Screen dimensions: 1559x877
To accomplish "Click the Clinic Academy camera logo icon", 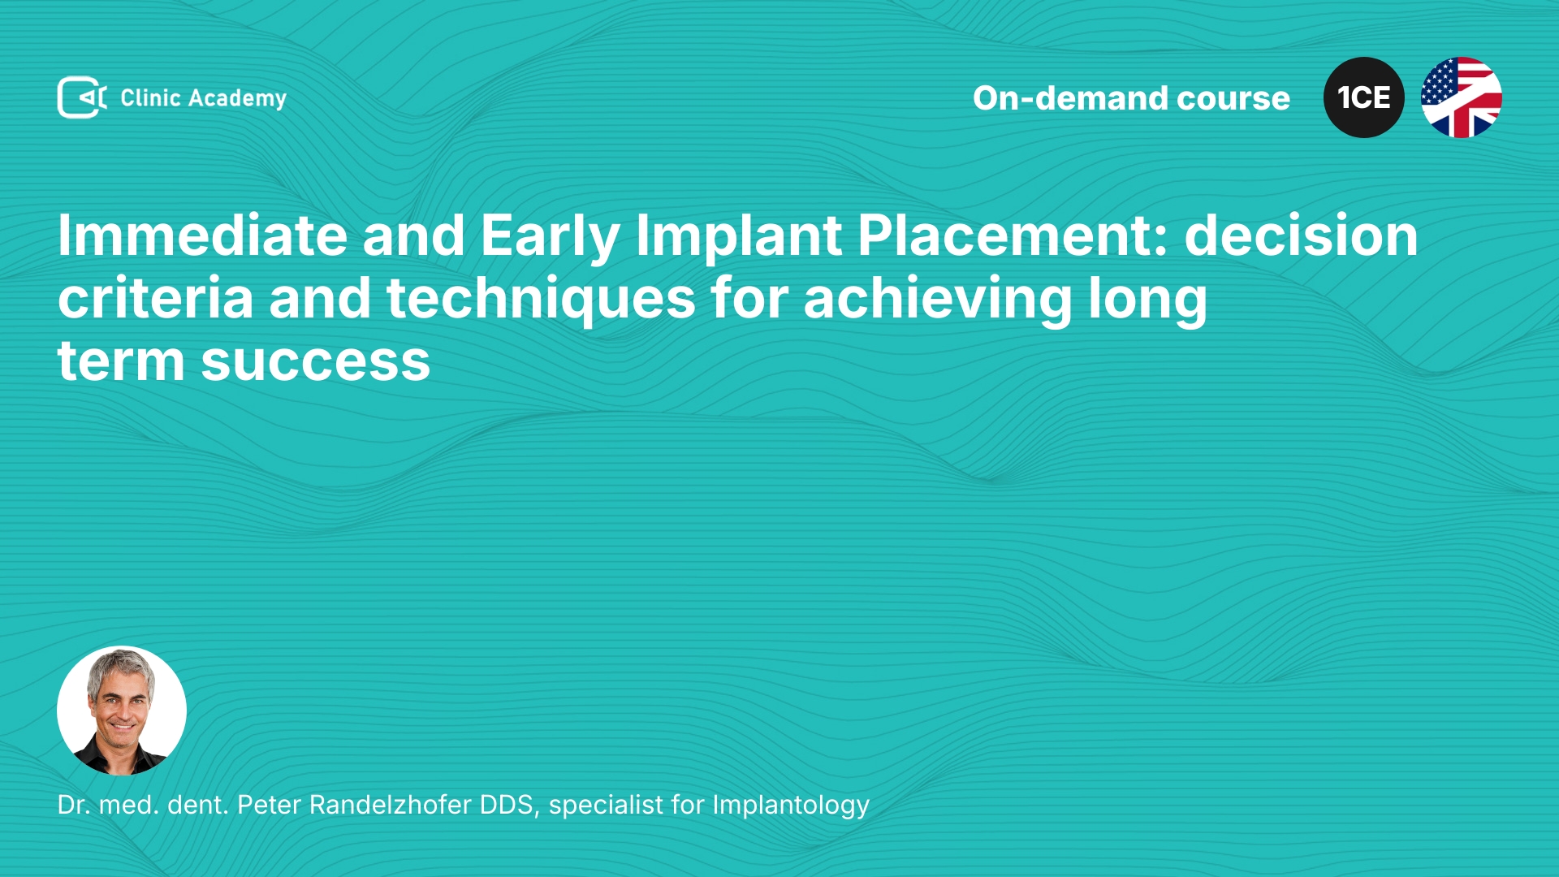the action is [x=82, y=97].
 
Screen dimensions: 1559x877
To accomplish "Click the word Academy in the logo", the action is [x=237, y=99].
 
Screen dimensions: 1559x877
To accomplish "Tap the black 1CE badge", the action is [x=1364, y=97].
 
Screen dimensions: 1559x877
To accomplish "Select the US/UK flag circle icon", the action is [x=1462, y=97].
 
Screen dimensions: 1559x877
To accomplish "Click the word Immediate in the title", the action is [x=203, y=235].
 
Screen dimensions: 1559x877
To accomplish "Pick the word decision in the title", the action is [x=1301, y=235].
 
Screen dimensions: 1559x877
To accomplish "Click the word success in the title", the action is [x=316, y=362].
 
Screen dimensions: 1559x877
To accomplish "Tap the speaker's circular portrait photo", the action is [x=122, y=711].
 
